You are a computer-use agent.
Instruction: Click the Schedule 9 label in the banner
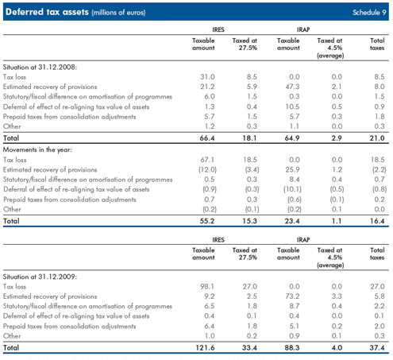tap(369, 12)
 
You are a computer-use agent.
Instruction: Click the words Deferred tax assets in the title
tap(47, 12)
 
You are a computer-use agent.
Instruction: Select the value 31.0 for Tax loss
tap(207, 77)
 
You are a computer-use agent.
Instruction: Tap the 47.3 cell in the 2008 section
tap(292, 87)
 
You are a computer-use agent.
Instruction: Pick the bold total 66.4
tap(207, 138)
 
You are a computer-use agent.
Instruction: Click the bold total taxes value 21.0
tap(377, 138)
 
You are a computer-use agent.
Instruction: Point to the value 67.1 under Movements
tap(207, 160)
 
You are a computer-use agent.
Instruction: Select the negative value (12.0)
tap(207, 169)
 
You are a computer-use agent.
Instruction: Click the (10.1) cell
tap(292, 189)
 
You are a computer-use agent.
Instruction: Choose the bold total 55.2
tap(207, 221)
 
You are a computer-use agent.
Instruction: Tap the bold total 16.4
tap(377, 221)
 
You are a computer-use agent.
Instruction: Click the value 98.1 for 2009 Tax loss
tap(207, 286)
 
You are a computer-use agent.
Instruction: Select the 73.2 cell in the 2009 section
tap(292, 296)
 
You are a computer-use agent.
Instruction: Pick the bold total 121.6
tap(205, 347)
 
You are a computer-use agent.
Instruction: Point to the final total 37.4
tap(377, 347)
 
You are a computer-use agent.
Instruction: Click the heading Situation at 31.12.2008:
tap(40, 67)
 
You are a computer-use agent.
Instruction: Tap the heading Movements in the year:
tap(37, 149)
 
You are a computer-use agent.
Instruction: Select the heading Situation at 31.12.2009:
tap(40, 277)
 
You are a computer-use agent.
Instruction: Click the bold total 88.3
tap(292, 347)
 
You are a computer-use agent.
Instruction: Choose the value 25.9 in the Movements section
tap(292, 169)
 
